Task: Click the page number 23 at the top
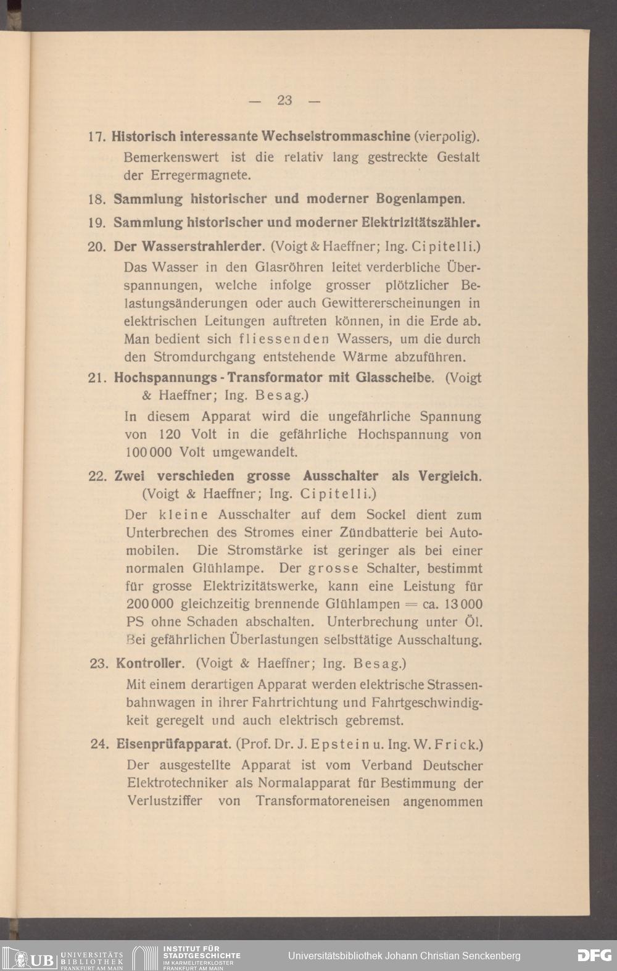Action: [284, 100]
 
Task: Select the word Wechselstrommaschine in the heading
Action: [336, 135]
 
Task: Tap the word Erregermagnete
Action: [201, 175]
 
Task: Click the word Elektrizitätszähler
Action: [420, 222]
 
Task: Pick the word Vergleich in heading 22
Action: [450, 476]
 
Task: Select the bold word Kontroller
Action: [150, 664]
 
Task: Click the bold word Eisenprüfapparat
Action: [173, 744]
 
